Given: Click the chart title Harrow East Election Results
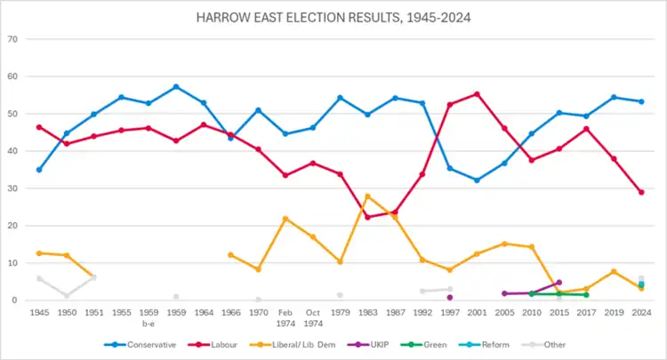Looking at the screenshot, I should (333, 17).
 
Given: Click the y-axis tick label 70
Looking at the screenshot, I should (12, 39).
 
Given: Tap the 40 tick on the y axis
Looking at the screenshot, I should (12, 151).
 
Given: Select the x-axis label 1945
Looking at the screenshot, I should (39, 313).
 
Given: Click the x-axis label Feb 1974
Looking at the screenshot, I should (285, 317).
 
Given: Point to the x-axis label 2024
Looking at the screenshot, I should (641, 313).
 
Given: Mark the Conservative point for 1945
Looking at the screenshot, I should (39, 170).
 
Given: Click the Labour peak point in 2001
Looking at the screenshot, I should (477, 94).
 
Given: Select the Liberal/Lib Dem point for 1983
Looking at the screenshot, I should (367, 196).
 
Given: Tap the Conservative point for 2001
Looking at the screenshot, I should (477, 180).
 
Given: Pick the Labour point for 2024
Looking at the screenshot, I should (641, 192).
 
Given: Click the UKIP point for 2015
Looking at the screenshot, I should (559, 283).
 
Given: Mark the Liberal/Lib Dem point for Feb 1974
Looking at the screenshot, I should (285, 219).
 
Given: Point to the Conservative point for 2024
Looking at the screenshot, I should (641, 101).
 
